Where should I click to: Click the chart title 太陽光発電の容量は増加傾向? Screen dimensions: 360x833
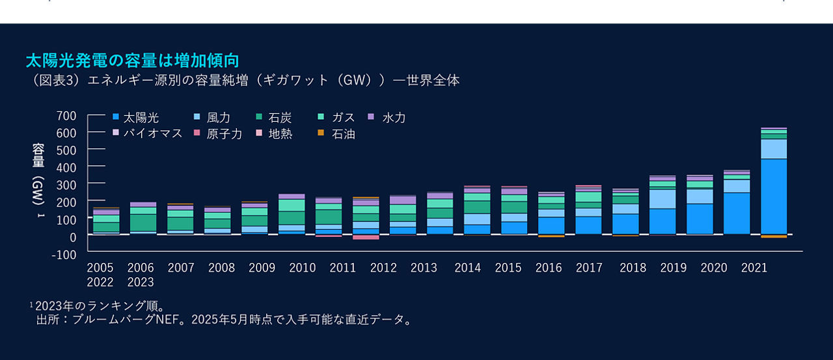[x=132, y=61]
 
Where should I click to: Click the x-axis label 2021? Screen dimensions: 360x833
[x=754, y=268]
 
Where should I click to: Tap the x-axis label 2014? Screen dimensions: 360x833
[x=467, y=268]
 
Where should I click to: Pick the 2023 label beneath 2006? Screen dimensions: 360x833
[x=141, y=283]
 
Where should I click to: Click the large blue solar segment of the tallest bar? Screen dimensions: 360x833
[x=773, y=196]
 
